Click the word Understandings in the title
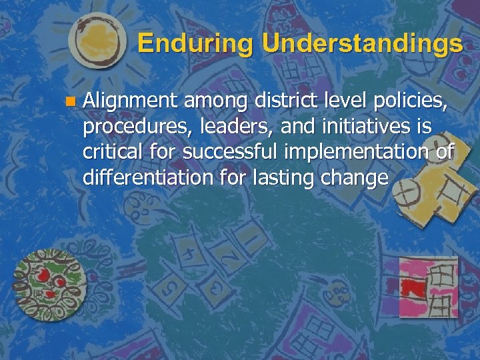pos(362,44)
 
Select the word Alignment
pos(130,101)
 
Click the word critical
pos(110,151)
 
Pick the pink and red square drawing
pos(428,287)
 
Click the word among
pos(212,102)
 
